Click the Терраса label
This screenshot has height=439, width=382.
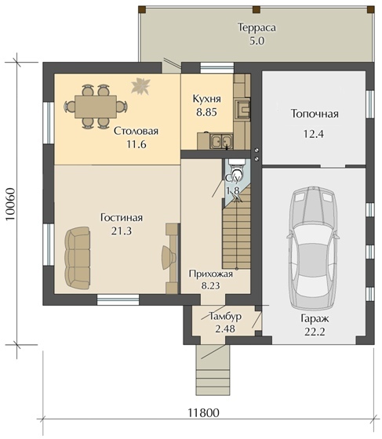click(256, 27)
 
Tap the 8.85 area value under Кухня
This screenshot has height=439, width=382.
click(206, 112)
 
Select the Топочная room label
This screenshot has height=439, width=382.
click(315, 114)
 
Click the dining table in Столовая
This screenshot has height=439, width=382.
click(96, 107)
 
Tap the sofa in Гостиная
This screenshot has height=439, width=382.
click(78, 258)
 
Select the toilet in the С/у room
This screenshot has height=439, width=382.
click(237, 169)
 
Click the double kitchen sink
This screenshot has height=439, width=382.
click(221, 140)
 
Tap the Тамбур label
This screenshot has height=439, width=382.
click(225, 317)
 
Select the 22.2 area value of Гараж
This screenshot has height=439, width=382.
click(315, 332)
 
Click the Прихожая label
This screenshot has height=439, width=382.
click(210, 274)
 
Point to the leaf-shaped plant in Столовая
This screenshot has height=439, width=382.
click(141, 85)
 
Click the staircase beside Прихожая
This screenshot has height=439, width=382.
click(236, 228)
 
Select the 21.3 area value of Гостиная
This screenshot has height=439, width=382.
click(122, 231)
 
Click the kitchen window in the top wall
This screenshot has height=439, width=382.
click(217, 67)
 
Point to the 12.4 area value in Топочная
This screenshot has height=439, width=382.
click(314, 134)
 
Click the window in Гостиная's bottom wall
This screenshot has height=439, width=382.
click(118, 299)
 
